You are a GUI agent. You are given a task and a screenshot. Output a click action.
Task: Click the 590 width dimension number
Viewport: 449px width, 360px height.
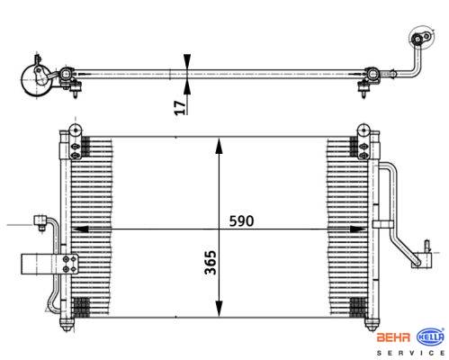241,221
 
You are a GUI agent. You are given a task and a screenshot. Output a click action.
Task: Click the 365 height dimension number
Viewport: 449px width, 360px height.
211,262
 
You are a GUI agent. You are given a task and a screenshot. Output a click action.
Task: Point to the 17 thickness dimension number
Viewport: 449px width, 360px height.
180,108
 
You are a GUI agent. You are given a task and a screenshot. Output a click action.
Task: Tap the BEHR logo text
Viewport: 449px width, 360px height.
393,337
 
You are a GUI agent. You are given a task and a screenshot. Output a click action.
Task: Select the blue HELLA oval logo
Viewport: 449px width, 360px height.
430,337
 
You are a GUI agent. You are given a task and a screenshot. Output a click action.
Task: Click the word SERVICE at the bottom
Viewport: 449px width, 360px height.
410,353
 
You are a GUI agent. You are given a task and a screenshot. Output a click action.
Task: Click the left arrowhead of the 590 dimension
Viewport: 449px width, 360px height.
80,229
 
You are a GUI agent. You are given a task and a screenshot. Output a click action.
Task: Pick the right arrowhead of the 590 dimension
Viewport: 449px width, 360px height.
358,229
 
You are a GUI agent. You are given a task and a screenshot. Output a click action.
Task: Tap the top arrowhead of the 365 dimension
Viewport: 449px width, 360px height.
220,146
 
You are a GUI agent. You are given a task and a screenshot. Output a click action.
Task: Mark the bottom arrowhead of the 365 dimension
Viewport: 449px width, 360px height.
220,308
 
